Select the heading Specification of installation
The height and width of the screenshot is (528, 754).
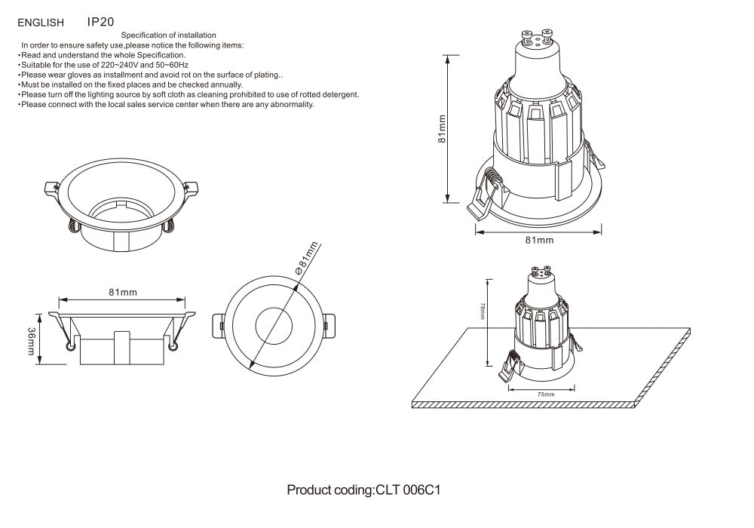169,35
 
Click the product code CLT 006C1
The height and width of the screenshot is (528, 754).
408,490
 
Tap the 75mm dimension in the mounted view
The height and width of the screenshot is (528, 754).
546,394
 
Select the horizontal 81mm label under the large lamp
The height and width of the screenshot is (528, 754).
539,240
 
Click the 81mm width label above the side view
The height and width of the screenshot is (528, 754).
122,292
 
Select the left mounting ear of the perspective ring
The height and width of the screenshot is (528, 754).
52,188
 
